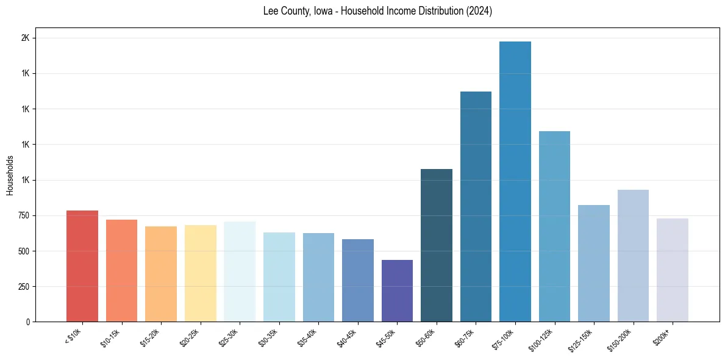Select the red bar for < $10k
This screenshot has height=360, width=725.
click(x=82, y=266)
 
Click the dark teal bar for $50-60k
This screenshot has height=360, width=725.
click(x=437, y=245)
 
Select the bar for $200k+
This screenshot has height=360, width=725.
click(x=673, y=270)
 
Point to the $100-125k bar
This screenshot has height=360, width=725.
click(x=554, y=226)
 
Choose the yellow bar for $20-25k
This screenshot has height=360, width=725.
click(x=201, y=273)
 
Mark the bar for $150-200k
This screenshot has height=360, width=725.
click(x=633, y=256)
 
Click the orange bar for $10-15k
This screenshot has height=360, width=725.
click(x=121, y=270)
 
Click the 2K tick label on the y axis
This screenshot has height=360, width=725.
click(x=25, y=38)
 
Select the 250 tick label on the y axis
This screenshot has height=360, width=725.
click(x=23, y=286)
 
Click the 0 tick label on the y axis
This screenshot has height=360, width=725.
click(x=27, y=322)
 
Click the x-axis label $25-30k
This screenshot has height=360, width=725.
click(x=229, y=337)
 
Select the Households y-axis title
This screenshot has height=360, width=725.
click(x=10, y=175)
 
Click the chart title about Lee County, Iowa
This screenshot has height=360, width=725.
click(x=377, y=11)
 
